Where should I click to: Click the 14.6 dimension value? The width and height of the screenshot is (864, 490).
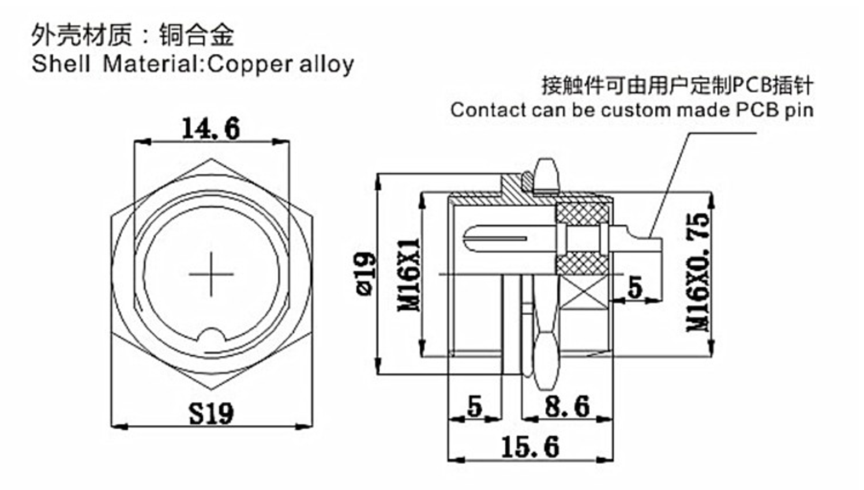tap(211, 129)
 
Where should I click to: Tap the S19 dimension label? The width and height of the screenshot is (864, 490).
tap(211, 413)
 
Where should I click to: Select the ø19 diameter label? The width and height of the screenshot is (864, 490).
tap(365, 274)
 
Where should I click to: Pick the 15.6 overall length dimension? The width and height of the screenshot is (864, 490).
tap(530, 447)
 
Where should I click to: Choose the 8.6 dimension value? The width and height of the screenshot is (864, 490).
tap(567, 406)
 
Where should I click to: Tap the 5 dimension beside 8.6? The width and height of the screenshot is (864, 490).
tap(475, 406)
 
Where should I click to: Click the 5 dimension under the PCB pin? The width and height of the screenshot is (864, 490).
tap(635, 287)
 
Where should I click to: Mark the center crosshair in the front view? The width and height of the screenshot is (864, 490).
tap(211, 274)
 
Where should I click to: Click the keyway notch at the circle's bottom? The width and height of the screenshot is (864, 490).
tap(211, 336)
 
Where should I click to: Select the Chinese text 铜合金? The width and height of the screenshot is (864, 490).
tap(197, 35)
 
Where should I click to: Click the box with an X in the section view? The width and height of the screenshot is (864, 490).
tap(583, 292)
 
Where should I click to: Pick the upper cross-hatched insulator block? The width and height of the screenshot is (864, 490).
tap(582, 213)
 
